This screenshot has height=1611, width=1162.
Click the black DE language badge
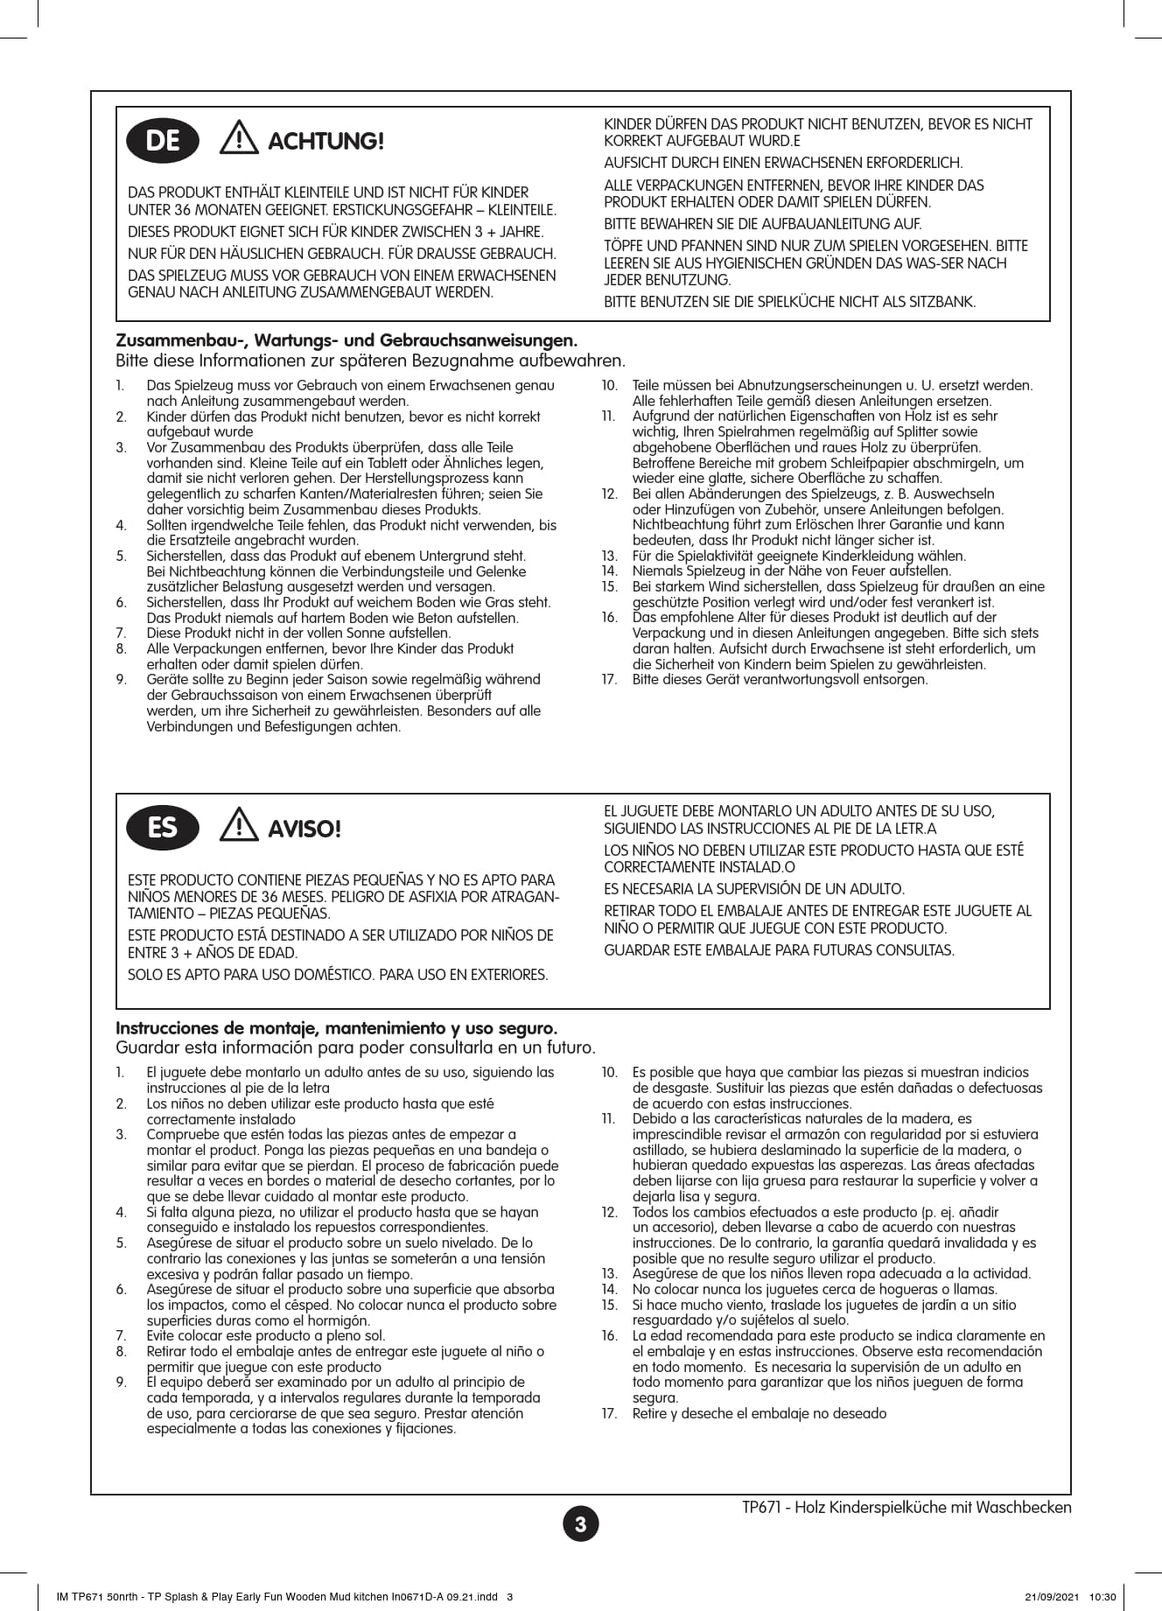tap(163, 141)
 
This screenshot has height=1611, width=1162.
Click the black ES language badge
tap(163, 828)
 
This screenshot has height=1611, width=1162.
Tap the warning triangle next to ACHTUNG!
tap(239, 139)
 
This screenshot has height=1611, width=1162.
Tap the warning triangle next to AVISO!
tap(239, 826)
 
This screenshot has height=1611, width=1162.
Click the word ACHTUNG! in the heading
tap(325, 142)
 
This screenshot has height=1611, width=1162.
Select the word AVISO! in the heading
tap(304, 830)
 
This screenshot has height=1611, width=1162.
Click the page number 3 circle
tap(581, 1523)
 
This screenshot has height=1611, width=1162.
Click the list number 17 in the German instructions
tap(609, 680)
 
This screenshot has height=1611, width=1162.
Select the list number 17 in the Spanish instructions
tap(609, 1413)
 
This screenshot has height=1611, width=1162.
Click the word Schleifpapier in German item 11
tap(882, 463)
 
